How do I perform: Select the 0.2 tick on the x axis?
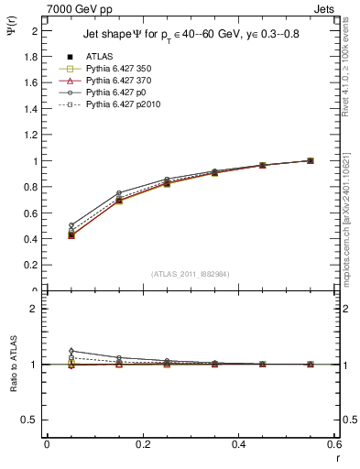click(142, 443)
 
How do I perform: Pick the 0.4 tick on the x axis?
click(238, 443)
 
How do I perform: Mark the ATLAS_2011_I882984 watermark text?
click(190, 274)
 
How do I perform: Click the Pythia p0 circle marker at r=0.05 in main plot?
click(71, 225)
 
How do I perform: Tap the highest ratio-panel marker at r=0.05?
click(71, 351)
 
